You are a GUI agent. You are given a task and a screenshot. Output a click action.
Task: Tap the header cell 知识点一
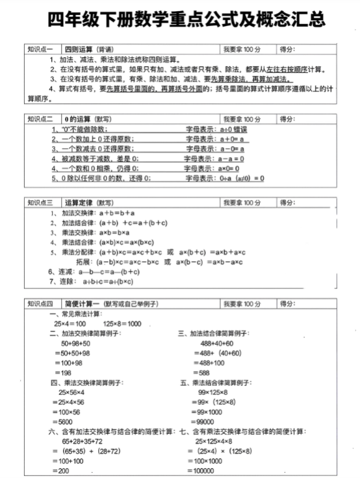[x=41, y=49]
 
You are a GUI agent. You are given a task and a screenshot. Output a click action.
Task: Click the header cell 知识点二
[x=41, y=119]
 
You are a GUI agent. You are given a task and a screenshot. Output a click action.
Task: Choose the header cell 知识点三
[x=41, y=203]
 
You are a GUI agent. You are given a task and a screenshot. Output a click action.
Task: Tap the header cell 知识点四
[x=41, y=304]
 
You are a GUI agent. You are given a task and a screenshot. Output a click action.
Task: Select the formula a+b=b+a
[x=116, y=212]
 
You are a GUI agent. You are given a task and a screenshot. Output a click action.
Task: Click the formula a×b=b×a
[x=114, y=232]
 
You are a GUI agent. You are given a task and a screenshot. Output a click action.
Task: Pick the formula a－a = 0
[x=231, y=158]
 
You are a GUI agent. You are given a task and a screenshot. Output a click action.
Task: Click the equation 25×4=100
[x=70, y=323]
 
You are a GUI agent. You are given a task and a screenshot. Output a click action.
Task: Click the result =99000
[x=207, y=421]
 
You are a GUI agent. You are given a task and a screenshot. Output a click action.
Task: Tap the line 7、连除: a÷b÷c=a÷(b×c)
[x=91, y=282]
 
